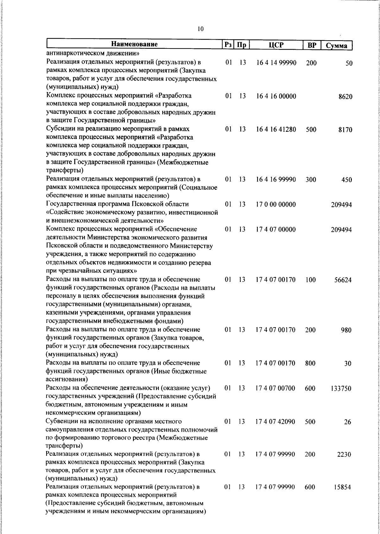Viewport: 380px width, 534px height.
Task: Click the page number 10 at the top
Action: tap(200, 29)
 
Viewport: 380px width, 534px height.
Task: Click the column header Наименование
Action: tap(134, 45)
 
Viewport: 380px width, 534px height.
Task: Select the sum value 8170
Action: tap(345, 130)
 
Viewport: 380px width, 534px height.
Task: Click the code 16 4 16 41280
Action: tap(276, 130)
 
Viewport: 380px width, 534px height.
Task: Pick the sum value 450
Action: tap(347, 180)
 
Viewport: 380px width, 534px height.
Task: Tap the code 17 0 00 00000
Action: tap(276, 205)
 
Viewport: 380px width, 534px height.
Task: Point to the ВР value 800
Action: tap(310, 363)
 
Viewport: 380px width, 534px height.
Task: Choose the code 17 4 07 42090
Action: tap(275, 422)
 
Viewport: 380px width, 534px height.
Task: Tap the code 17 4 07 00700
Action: tap(275, 388)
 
